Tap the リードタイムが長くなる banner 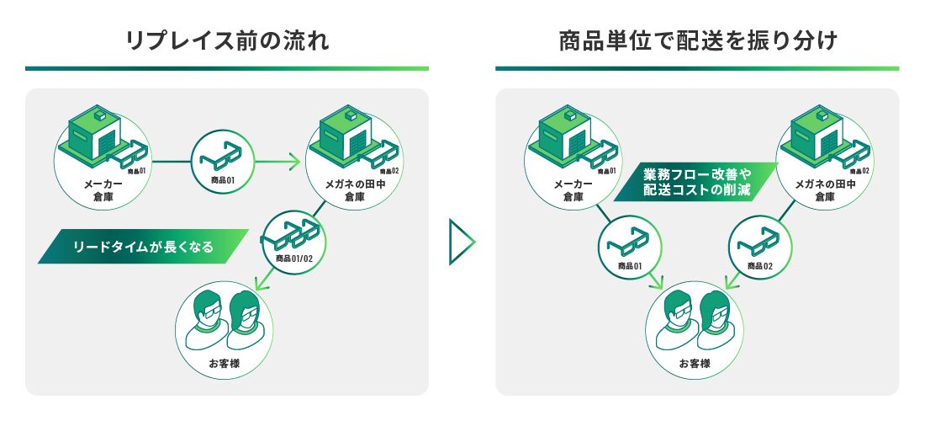click(143, 247)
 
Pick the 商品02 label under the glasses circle click(756, 267)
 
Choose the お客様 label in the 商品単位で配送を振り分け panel click(695, 364)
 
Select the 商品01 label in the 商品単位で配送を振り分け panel click(631, 267)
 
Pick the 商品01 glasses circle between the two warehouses click(223, 160)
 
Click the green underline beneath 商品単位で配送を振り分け click(697, 68)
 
